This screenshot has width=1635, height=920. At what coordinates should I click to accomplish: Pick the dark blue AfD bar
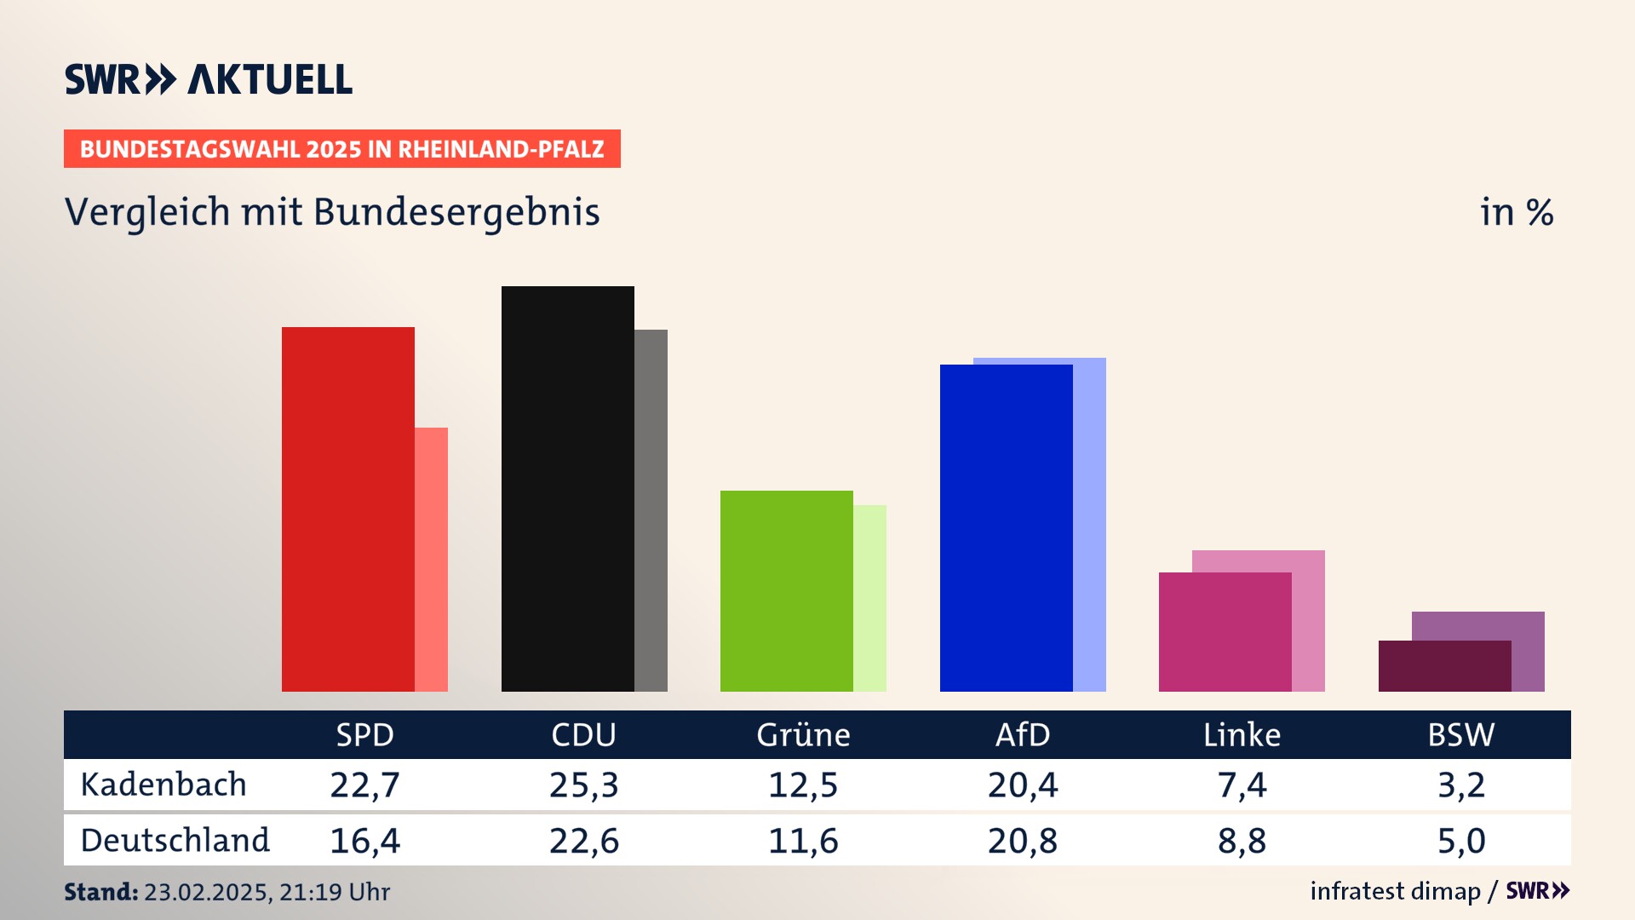(x=1006, y=528)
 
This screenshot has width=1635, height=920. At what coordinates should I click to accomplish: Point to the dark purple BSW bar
(x=1444, y=666)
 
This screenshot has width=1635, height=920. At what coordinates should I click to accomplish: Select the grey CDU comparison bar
(x=651, y=511)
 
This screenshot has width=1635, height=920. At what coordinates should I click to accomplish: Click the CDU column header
(x=583, y=735)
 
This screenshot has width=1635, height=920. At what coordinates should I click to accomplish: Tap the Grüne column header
(x=803, y=735)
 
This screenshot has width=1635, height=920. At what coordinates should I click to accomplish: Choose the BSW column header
(x=1460, y=735)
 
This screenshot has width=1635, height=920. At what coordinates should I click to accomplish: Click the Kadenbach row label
(x=163, y=785)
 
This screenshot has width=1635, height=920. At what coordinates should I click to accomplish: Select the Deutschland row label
(x=175, y=841)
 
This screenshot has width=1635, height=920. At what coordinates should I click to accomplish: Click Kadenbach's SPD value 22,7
(x=364, y=785)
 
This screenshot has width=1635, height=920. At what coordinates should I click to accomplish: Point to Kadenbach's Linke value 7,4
(x=1242, y=785)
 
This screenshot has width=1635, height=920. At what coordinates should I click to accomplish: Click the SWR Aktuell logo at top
(x=209, y=79)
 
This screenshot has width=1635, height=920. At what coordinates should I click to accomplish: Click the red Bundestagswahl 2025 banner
(x=341, y=149)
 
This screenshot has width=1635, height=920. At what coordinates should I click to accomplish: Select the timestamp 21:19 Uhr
(x=335, y=892)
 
